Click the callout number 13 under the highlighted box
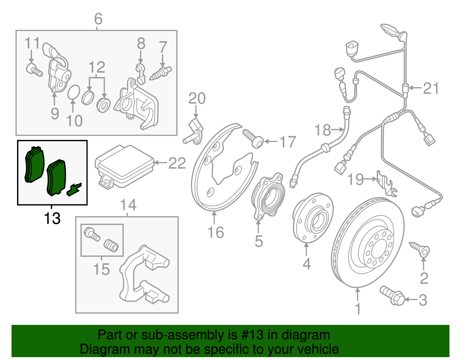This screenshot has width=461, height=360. (x=52, y=218)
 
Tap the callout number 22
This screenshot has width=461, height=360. (x=177, y=163)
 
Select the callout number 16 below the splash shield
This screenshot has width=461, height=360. (x=216, y=232)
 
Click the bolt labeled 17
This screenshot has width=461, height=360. (x=254, y=139)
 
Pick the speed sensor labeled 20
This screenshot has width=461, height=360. (x=194, y=131)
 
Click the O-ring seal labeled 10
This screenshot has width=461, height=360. (x=74, y=92)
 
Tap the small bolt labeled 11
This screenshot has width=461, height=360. (x=34, y=69)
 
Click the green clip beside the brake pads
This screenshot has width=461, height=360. (x=74, y=189)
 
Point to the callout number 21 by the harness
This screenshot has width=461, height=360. (x=431, y=88)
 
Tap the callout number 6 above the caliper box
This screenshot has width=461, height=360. (x=98, y=19)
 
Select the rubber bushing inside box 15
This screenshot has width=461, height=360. (x=111, y=246)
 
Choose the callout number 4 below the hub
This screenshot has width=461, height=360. (x=307, y=264)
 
